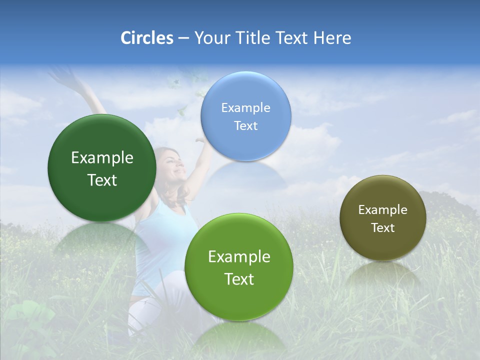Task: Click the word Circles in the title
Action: pyautogui.click(x=147, y=38)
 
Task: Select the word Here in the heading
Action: pyautogui.click(x=332, y=38)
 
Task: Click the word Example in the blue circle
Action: pyautogui.click(x=246, y=107)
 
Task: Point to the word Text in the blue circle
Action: pyautogui.click(x=246, y=125)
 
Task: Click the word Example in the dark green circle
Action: pyautogui.click(x=102, y=157)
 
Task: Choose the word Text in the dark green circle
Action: pyautogui.click(x=102, y=180)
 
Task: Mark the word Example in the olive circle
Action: pyautogui.click(x=383, y=209)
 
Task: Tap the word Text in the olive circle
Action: pyautogui.click(x=383, y=227)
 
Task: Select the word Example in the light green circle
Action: pyautogui.click(x=239, y=256)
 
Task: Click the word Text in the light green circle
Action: pyautogui.click(x=239, y=279)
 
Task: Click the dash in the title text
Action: pyautogui.click(x=183, y=38)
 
